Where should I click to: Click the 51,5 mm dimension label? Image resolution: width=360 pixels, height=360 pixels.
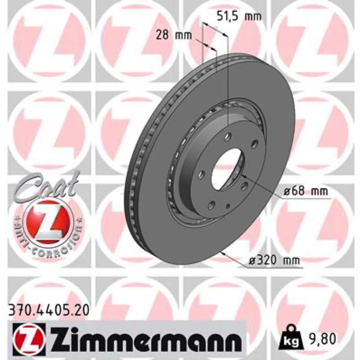point(239,17)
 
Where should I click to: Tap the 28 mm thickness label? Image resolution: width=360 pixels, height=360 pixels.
point(174,35)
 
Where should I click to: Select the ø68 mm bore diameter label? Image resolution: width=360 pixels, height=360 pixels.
point(305,191)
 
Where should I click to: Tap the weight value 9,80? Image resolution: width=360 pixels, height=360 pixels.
point(322,339)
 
